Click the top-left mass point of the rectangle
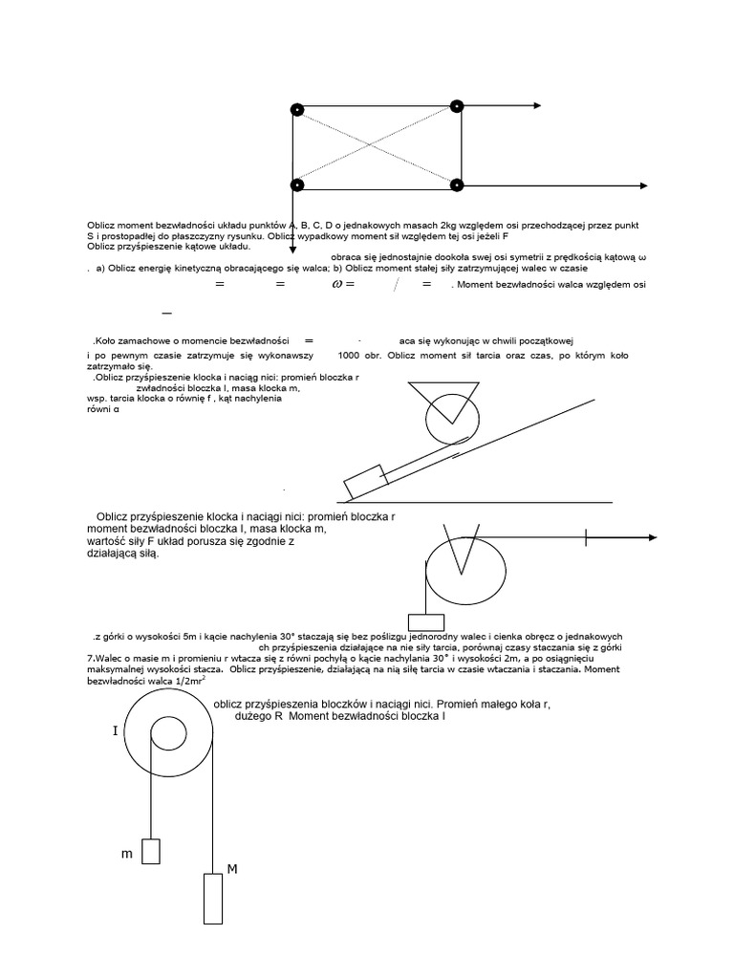coord(297,110)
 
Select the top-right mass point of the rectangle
coord(457,106)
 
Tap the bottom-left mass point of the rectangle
coord(297,184)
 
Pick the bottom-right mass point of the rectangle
coord(457,185)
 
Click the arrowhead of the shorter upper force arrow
coord(537,106)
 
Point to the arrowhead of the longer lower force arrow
coord(643,185)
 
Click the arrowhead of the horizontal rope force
coord(652,538)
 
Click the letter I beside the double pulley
coord(115,731)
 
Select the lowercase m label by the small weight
coord(126,854)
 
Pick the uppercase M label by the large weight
coord(232,868)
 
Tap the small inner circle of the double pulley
coord(168,734)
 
